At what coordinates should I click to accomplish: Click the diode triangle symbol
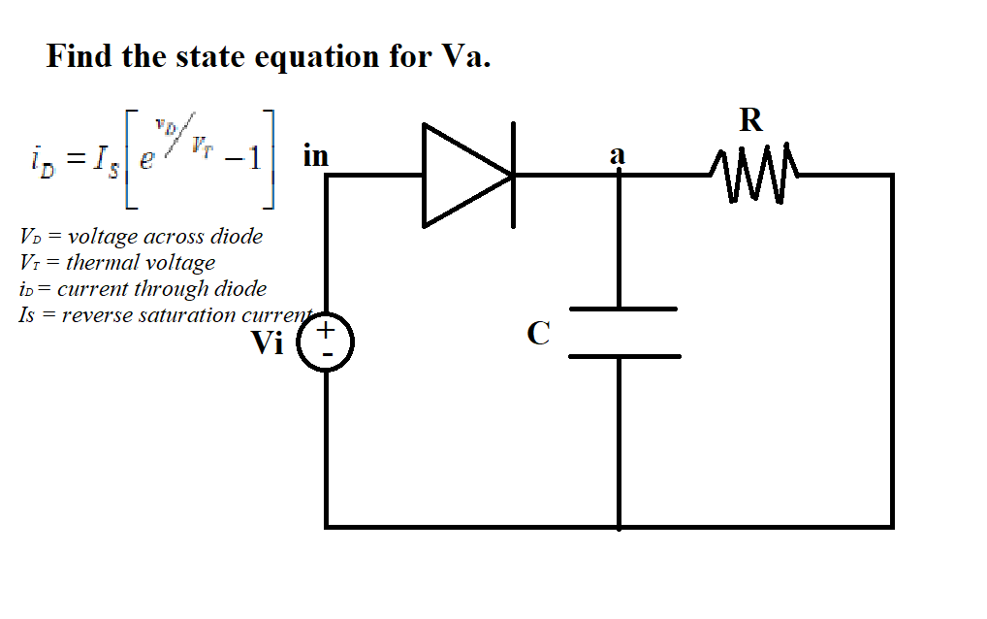tap(462, 176)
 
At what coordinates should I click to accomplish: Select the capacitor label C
tap(538, 334)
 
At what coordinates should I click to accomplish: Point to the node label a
tap(617, 154)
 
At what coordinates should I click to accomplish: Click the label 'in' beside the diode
tap(316, 155)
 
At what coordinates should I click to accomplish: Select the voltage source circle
tap(326, 344)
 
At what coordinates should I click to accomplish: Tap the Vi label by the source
tap(268, 342)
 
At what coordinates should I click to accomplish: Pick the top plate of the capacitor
tap(622, 309)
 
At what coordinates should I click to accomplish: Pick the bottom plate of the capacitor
tap(622, 356)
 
